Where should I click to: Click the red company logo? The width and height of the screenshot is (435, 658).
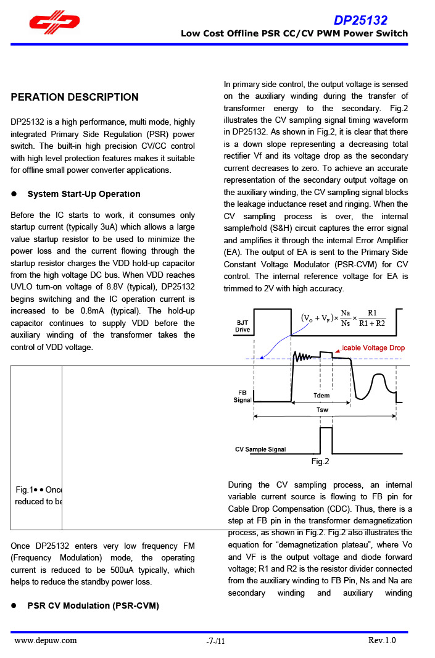[x=54, y=22]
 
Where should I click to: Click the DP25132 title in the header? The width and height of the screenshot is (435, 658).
[x=361, y=20]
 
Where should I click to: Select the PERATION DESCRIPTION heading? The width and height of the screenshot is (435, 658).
[x=75, y=97]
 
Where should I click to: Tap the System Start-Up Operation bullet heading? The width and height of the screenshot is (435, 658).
[x=84, y=194]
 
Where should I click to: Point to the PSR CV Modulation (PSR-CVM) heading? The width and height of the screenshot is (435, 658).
[x=93, y=606]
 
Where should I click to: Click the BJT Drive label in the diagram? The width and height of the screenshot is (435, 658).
[x=242, y=326]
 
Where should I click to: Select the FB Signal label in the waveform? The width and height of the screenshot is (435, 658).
[x=242, y=396]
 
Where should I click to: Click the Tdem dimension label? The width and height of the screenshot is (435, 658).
[x=321, y=396]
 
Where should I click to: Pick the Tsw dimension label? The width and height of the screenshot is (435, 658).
[x=323, y=409]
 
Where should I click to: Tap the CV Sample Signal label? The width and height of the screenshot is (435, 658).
[x=260, y=449]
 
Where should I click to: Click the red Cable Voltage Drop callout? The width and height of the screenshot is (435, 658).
[x=373, y=348]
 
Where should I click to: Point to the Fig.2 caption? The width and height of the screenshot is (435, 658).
[x=320, y=462]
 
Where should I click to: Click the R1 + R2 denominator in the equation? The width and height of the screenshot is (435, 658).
[x=371, y=323]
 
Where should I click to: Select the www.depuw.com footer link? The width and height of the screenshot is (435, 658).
[x=46, y=641]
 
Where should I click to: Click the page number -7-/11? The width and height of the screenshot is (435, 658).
[x=216, y=641]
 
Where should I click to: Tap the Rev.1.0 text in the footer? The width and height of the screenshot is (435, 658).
[x=382, y=640]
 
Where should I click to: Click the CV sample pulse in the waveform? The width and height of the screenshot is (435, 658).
[x=326, y=439]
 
